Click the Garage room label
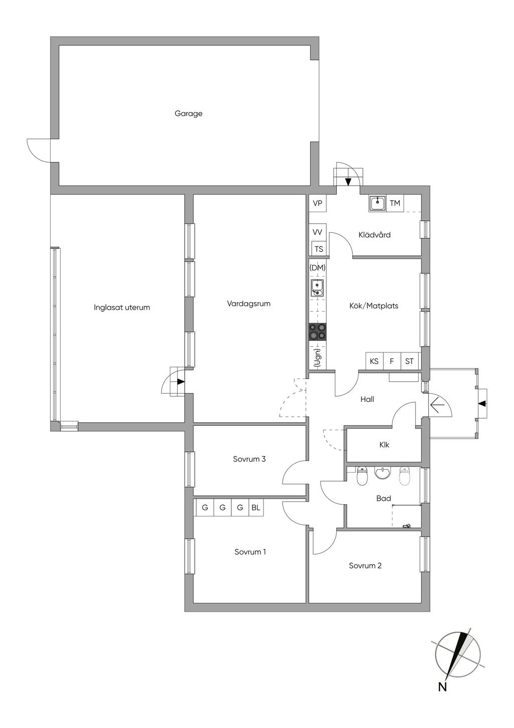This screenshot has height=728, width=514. (x=188, y=114)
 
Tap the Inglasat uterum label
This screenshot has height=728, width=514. (x=121, y=307)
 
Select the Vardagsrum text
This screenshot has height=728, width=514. (x=248, y=304)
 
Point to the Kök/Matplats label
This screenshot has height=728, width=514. (x=374, y=306)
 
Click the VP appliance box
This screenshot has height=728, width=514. (x=317, y=204)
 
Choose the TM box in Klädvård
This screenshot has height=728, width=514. (x=395, y=204)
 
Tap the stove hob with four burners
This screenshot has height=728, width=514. (x=317, y=332)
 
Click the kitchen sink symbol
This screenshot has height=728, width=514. (x=317, y=288)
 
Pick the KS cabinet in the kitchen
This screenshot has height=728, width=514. (x=374, y=361)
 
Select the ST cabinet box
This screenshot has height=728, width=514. (x=410, y=361)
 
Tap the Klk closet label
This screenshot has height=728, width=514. (x=384, y=444)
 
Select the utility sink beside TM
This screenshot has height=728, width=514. (x=377, y=203)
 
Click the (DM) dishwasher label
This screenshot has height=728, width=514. (x=317, y=268)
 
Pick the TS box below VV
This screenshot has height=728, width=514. (x=319, y=249)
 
